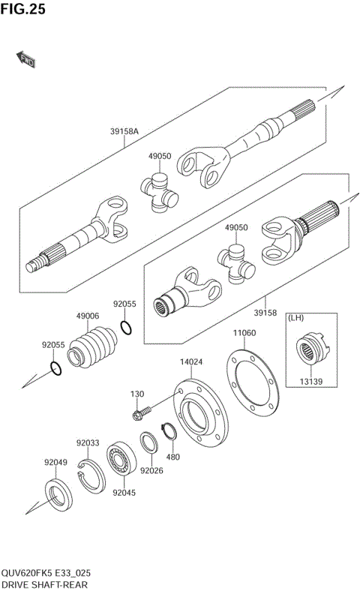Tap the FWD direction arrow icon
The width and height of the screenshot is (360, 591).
point(25,59)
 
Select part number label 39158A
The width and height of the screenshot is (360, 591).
point(124,130)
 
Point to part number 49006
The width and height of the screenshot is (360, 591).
point(87,316)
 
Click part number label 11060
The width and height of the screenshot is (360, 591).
point(244,332)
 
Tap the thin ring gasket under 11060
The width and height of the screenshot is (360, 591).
point(253,379)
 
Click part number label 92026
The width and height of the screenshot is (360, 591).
point(152,470)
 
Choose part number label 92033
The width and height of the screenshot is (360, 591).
point(87,443)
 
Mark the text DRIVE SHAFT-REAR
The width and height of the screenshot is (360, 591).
point(43,583)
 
